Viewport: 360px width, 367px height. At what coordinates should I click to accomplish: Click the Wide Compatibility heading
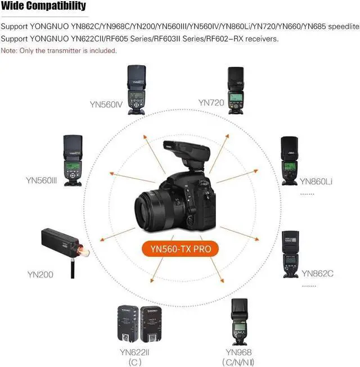click(x=43, y=6)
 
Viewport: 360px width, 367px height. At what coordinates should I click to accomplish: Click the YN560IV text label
click(x=106, y=104)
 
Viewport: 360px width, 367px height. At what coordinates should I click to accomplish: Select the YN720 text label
click(x=211, y=102)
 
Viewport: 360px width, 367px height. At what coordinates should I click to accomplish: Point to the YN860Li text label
click(x=316, y=181)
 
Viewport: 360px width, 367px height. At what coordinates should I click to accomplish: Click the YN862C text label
click(x=317, y=274)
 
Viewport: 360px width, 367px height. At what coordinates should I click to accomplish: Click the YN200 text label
click(x=40, y=275)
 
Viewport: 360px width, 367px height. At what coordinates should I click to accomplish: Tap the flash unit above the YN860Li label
click(x=289, y=161)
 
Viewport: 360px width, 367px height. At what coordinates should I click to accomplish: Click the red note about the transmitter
click(x=58, y=51)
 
